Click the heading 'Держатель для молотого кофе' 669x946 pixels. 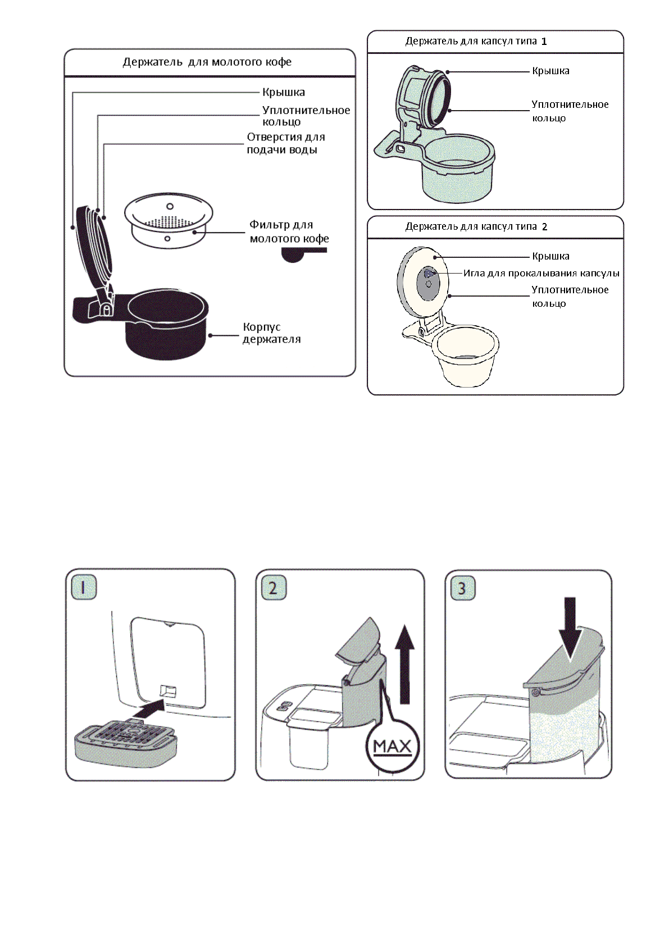207,62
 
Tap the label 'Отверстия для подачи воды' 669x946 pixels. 285,143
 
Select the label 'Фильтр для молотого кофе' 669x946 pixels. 289,231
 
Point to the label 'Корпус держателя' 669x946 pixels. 271,333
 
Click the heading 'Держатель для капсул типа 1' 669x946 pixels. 476,42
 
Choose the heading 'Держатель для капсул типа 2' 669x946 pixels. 476,227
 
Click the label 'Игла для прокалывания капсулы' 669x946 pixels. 541,274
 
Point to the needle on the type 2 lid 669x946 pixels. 428,274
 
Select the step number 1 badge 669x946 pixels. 84,588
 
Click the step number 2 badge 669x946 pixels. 274,588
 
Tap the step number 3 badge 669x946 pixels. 462,588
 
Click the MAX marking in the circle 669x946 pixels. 392,747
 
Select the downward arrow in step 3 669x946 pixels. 570,627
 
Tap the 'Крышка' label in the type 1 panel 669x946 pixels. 550,71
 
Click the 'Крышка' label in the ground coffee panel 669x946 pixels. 284,92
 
